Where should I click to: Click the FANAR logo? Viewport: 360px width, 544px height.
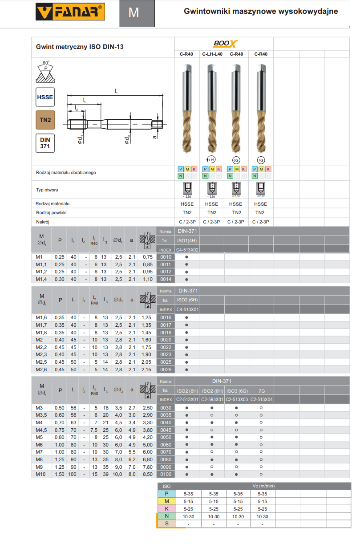[x=70, y=12]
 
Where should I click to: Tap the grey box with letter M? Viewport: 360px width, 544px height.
[x=133, y=12]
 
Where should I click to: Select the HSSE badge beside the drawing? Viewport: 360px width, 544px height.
[x=45, y=97]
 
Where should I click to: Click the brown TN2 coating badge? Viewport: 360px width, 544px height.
[x=45, y=120]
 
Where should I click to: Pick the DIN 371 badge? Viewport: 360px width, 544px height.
[x=45, y=143]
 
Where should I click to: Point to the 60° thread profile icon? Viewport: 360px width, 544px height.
[x=45, y=72]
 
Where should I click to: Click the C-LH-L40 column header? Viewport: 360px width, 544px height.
[x=212, y=54]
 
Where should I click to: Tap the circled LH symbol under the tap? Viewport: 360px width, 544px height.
[x=212, y=159]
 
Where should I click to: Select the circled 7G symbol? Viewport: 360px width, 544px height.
[x=261, y=159]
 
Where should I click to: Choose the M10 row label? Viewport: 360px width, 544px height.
[x=41, y=474]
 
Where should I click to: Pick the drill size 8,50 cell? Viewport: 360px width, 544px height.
[x=147, y=474]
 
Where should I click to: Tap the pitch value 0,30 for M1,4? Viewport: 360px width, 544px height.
[x=59, y=279]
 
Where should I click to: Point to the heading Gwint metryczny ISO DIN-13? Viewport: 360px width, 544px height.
[x=80, y=46]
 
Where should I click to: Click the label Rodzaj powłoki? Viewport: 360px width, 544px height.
[x=51, y=212]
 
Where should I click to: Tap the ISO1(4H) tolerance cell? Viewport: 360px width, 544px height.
[x=187, y=240]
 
